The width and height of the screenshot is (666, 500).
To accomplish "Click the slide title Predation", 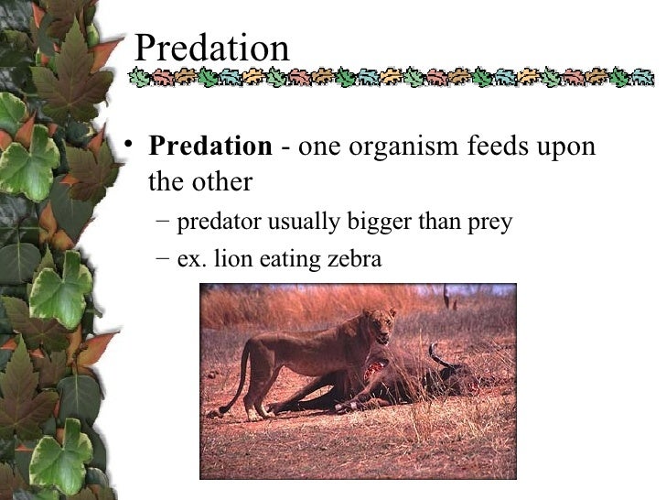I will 211,48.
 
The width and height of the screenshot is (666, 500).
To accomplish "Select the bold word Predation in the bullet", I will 210,147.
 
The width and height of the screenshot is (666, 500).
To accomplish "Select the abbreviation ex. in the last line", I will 190,259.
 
